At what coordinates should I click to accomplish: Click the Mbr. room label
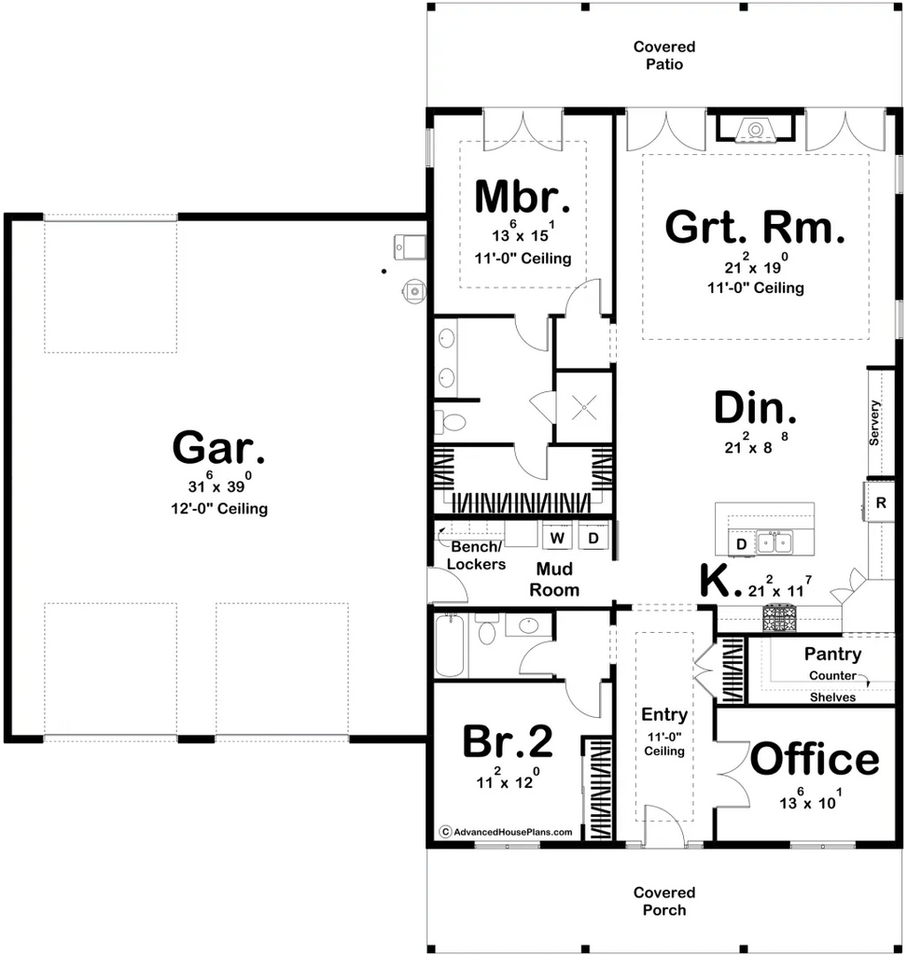523,196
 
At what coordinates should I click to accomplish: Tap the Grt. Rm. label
755,227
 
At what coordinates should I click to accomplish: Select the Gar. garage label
218,447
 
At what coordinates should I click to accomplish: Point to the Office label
815,759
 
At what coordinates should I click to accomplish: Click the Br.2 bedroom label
507,741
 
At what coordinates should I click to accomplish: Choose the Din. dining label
755,408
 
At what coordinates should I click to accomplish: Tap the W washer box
557,538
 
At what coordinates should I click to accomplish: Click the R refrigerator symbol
880,503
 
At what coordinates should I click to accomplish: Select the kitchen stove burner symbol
778,618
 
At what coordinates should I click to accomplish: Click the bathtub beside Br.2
450,645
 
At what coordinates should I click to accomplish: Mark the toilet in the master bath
449,422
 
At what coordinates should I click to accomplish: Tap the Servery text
874,423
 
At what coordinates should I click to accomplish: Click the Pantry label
832,654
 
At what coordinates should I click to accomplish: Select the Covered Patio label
664,55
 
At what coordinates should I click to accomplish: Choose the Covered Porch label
664,901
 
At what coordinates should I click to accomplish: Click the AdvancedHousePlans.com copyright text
507,832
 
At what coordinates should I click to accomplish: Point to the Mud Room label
554,579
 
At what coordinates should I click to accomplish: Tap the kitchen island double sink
774,542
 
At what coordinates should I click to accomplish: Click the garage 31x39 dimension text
219,483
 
